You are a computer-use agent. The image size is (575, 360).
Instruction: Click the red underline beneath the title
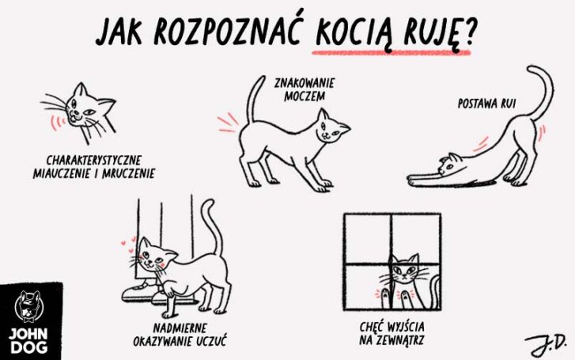[391, 52]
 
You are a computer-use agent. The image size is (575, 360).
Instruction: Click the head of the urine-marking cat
[332, 127]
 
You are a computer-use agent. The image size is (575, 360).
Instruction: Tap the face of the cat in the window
[405, 274]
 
